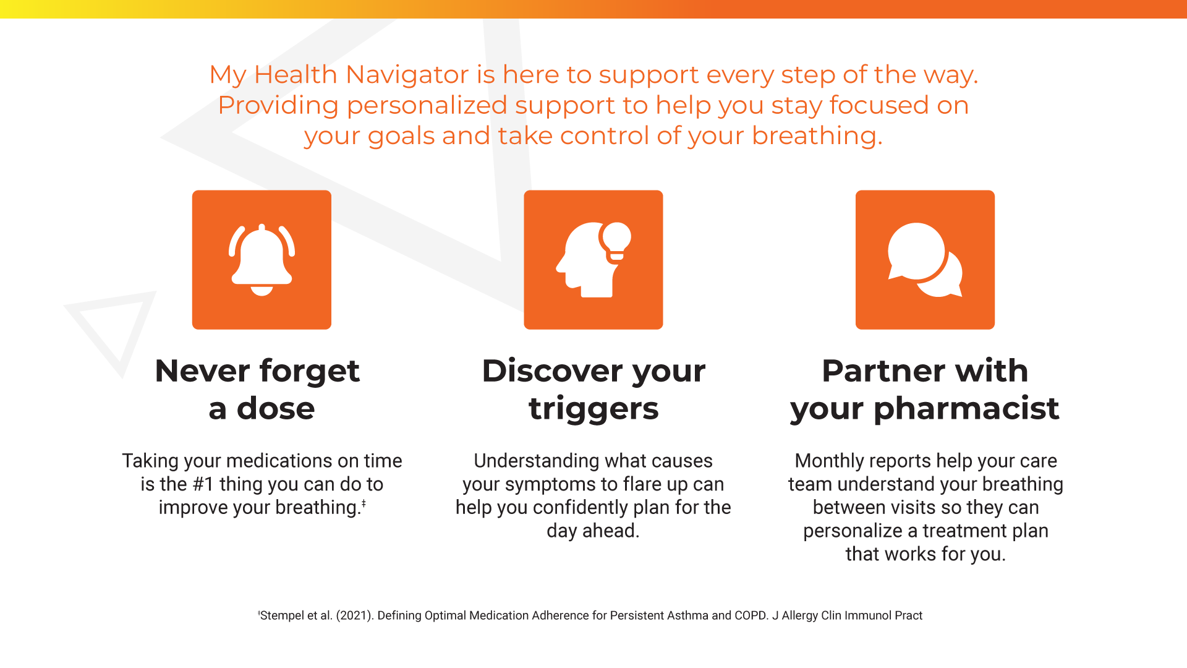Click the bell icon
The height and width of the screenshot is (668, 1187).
tap(262, 260)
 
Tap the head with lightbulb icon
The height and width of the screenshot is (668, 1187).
tap(593, 260)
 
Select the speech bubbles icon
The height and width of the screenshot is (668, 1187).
tap(925, 260)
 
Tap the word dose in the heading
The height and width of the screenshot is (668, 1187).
tap(276, 408)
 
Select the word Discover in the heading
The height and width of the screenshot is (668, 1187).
tap(552, 371)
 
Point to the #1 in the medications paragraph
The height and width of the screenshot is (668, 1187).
tap(203, 484)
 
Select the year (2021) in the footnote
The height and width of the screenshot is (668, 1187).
tap(354, 615)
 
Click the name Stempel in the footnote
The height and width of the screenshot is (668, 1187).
tap(282, 615)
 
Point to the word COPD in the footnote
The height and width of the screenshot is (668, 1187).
tap(751, 615)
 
